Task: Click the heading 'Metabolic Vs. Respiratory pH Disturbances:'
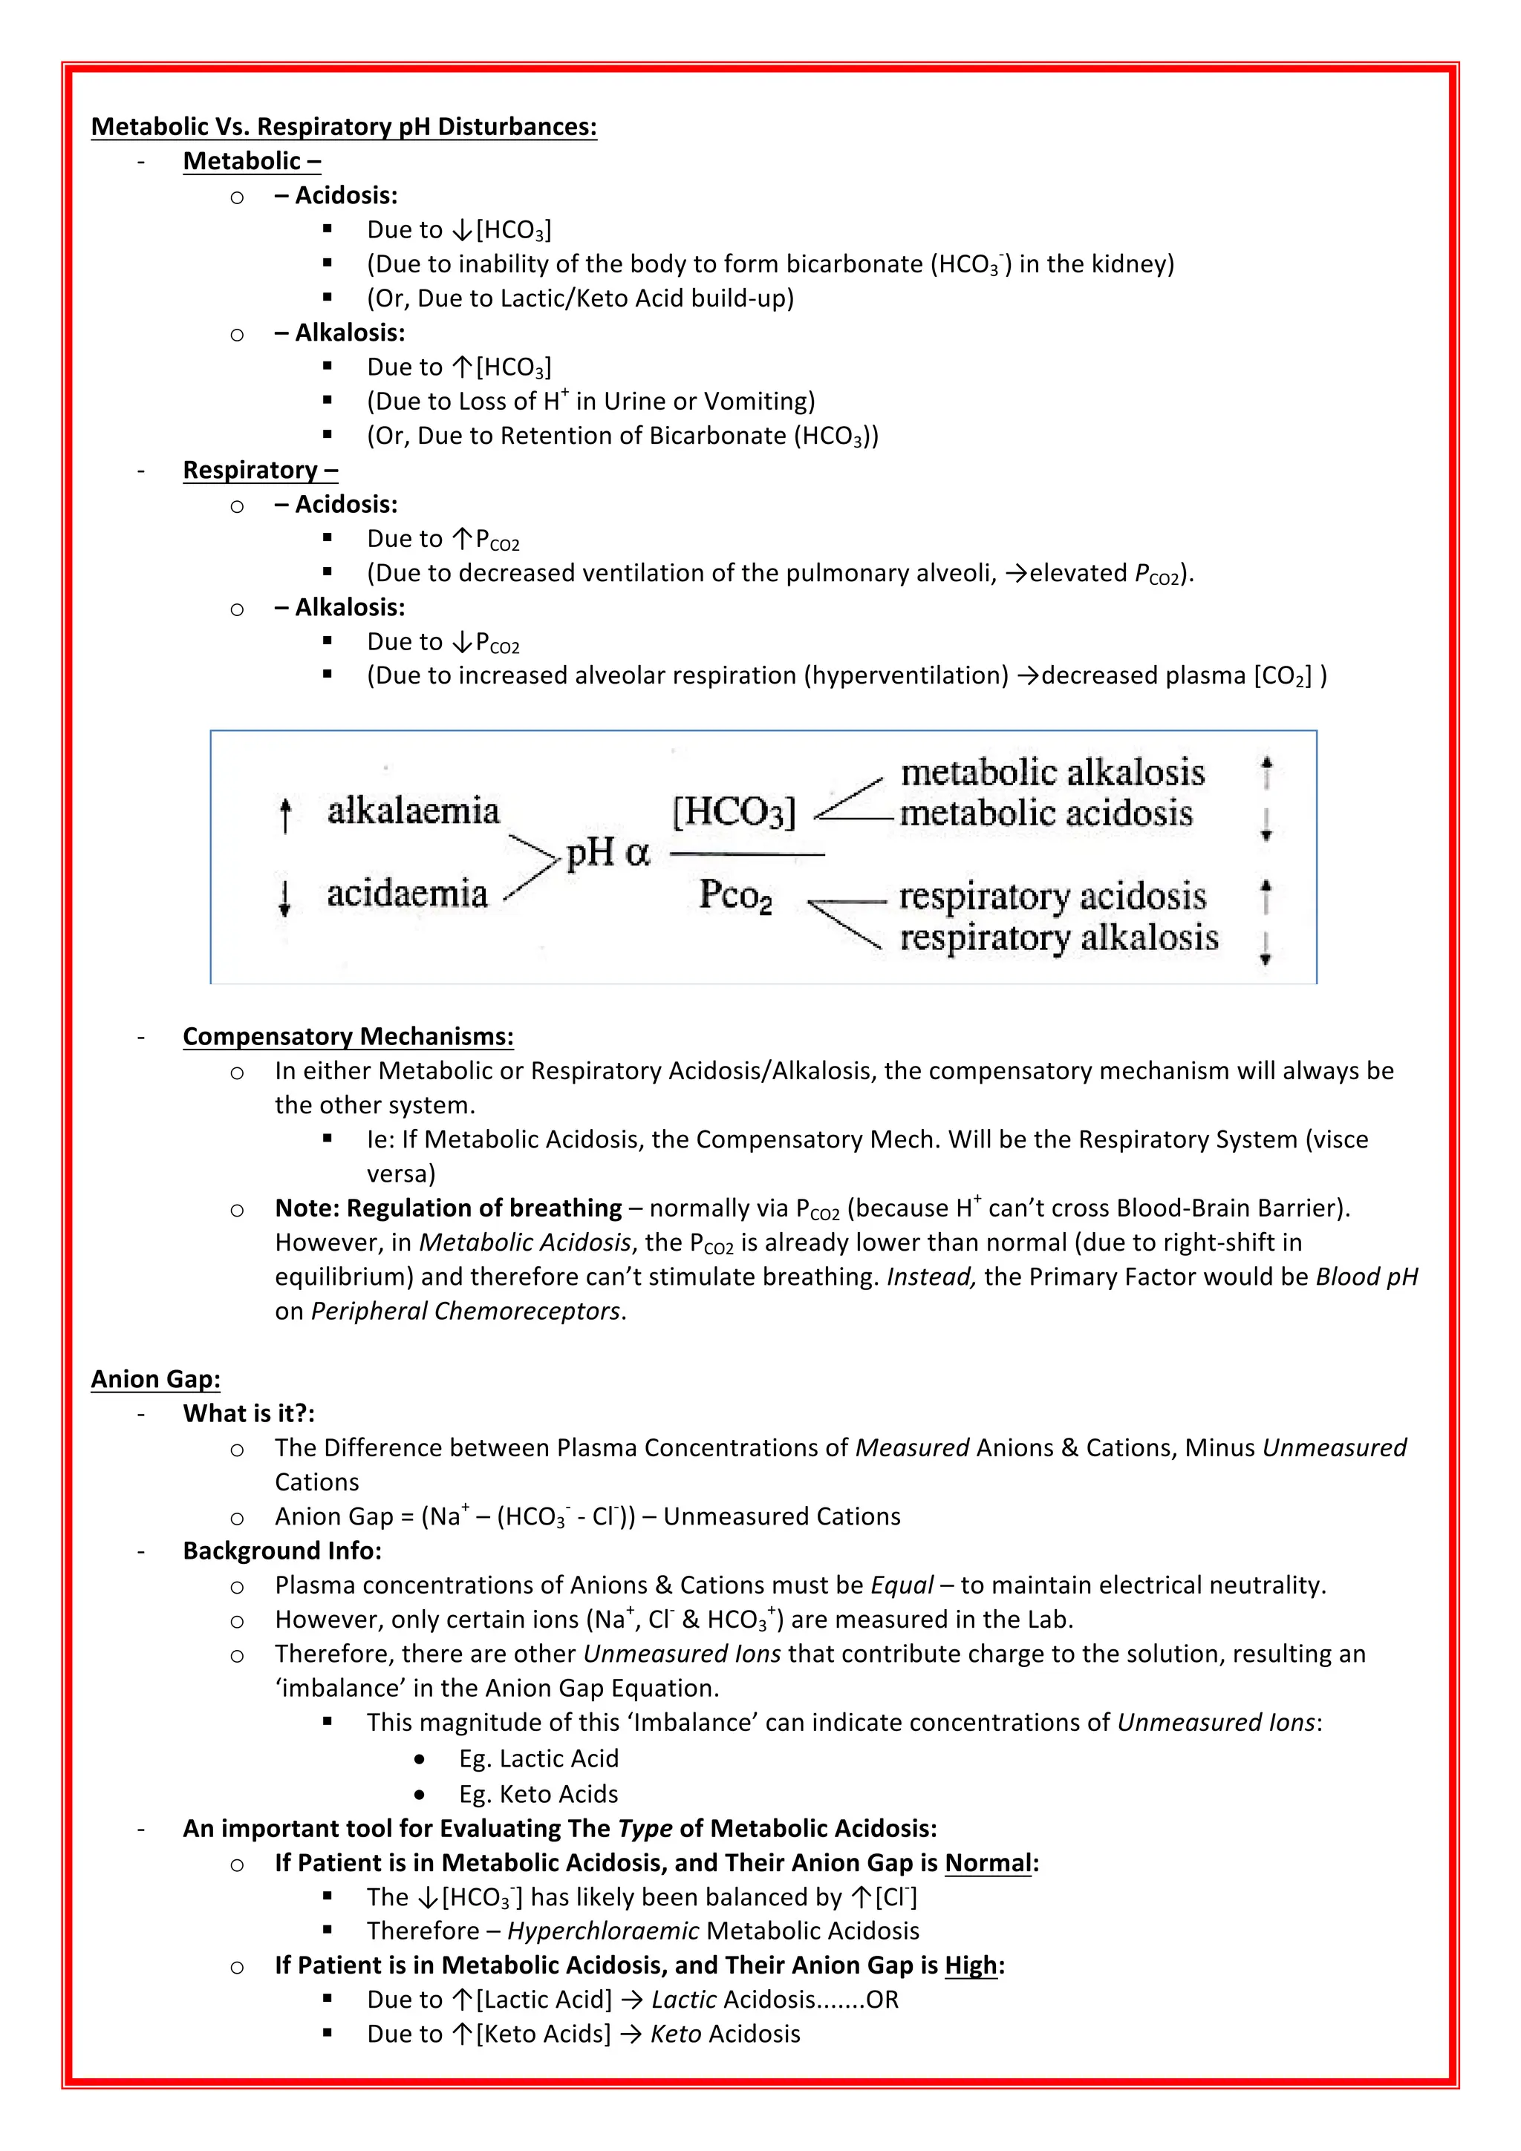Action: (x=343, y=126)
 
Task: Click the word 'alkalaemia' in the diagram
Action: (x=413, y=811)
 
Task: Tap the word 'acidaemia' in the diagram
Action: (x=407, y=894)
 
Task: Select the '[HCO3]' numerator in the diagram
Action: (x=734, y=811)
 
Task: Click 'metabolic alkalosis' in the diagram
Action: (x=1052, y=772)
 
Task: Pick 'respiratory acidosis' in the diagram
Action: (x=1052, y=896)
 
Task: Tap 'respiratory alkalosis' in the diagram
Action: (x=1059, y=937)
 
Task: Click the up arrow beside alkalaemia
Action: (x=286, y=814)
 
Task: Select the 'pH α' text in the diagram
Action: (x=608, y=853)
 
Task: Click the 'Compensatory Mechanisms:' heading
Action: (x=348, y=1036)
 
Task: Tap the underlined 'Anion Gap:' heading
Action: (x=155, y=1379)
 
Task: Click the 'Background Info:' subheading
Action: (x=282, y=1551)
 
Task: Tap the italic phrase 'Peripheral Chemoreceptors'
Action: (x=465, y=1311)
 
